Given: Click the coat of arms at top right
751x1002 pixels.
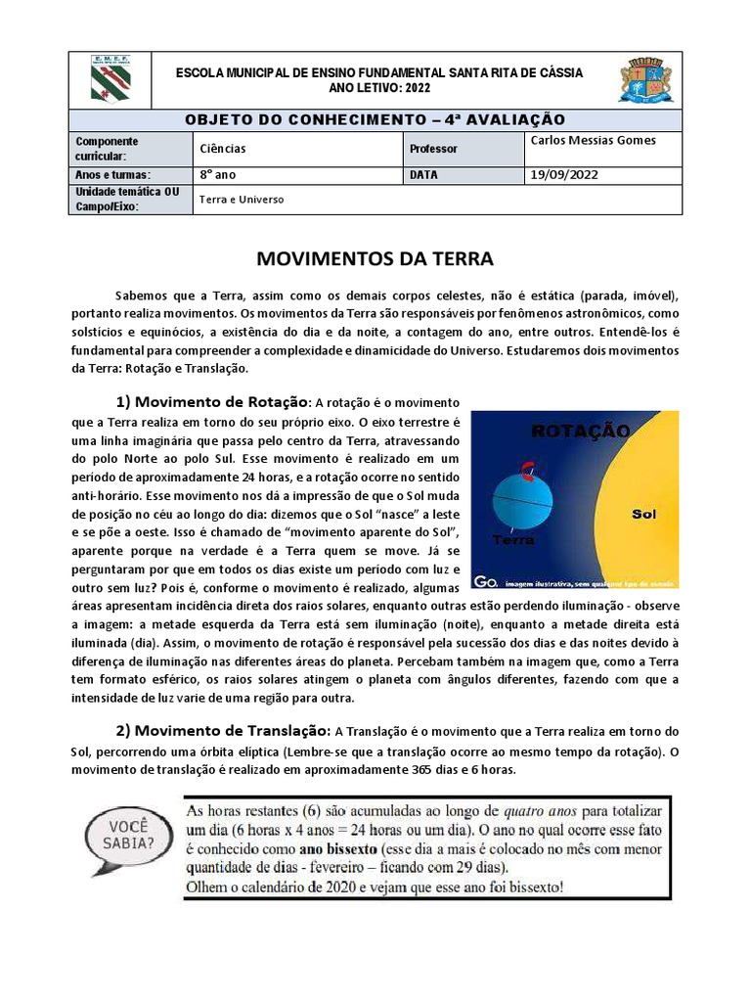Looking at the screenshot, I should [644, 80].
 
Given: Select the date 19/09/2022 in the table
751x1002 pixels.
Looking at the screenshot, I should [562, 175].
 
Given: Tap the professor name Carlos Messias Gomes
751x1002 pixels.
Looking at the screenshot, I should [593, 140].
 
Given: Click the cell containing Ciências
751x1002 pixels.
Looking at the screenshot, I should [223, 149].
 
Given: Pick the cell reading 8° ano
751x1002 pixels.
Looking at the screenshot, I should [219, 175].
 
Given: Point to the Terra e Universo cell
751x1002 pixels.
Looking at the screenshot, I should [242, 199].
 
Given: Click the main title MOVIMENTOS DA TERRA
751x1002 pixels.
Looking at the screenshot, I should [375, 259].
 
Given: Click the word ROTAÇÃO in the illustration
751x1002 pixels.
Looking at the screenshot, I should [580, 431].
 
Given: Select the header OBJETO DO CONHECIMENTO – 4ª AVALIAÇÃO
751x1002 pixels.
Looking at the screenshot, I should [375, 119].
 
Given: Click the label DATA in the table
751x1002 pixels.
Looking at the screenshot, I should [424, 175].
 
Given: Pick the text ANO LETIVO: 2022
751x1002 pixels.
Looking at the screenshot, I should [377, 88].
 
